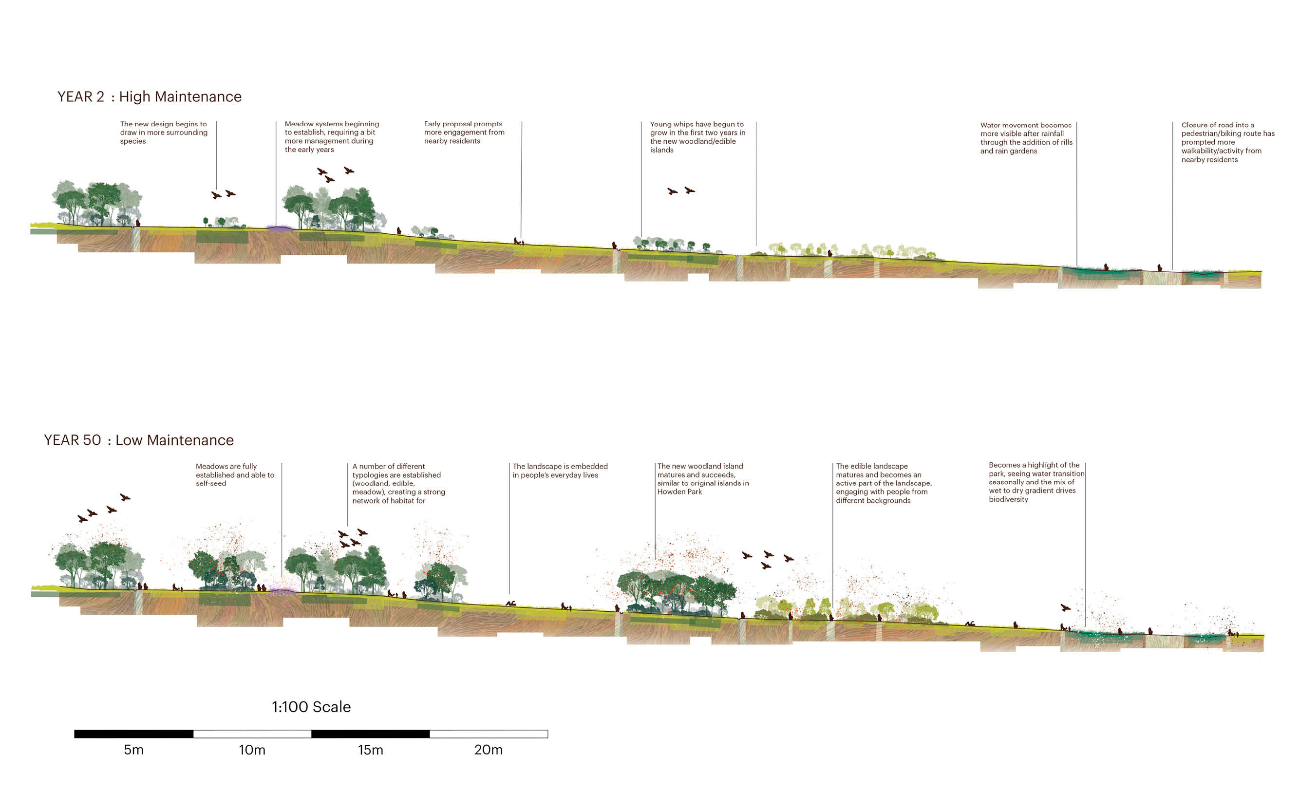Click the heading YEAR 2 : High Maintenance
[x=150, y=96]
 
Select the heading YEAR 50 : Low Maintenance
[x=138, y=440]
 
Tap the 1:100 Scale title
[x=311, y=707]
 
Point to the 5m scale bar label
[x=134, y=750]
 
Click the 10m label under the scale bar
[x=252, y=750]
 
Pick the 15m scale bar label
[x=371, y=750]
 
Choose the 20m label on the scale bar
[x=488, y=750]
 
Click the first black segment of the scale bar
[x=134, y=734]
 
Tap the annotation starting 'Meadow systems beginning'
[x=332, y=136]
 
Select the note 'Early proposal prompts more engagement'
[x=464, y=132]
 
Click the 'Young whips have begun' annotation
[x=697, y=137]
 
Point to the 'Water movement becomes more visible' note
[x=1026, y=138]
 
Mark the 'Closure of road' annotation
[x=1227, y=142]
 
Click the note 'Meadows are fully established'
[x=235, y=475]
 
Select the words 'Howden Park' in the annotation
[x=679, y=492]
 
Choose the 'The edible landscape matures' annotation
[x=884, y=483]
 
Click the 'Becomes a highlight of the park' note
[x=1036, y=482]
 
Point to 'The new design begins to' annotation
[x=164, y=132]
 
